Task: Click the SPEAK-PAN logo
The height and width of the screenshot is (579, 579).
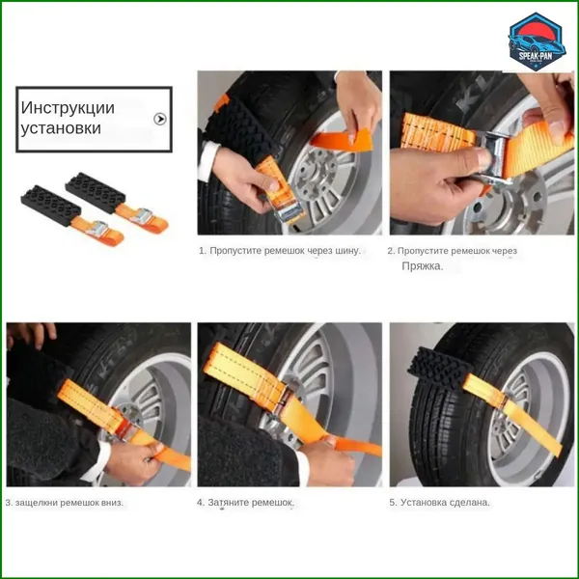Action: [x=537, y=41]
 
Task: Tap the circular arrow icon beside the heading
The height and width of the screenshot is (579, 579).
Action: [x=160, y=119]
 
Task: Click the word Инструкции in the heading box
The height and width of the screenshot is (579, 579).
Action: [x=68, y=107]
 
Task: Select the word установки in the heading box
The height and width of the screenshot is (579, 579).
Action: [x=61, y=127]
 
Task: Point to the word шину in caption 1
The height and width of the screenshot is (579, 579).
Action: [x=347, y=251]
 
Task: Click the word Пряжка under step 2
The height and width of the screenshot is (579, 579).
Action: [x=422, y=266]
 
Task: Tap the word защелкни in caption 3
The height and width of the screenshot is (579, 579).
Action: [x=37, y=503]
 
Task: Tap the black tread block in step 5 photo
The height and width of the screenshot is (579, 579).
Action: [x=439, y=368]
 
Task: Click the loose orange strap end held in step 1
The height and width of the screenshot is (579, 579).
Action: [x=342, y=140]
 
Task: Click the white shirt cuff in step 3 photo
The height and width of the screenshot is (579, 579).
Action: [x=96, y=461]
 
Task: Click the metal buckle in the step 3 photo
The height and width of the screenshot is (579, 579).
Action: [x=124, y=426]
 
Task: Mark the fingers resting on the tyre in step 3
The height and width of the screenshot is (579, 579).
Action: [x=32, y=333]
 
